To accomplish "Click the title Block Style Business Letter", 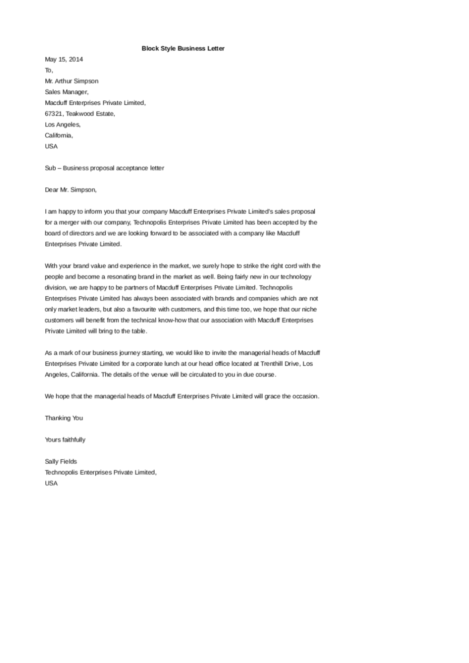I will click(183, 48).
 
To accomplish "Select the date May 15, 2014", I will click(64, 59).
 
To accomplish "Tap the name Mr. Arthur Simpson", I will click(72, 81).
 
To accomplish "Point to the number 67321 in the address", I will click(54, 114).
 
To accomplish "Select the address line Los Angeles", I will click(63, 125).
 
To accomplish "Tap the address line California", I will click(59, 136).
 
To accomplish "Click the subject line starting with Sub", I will click(104, 168).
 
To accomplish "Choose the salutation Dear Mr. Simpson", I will click(71, 190).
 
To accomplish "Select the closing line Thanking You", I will click(64, 418).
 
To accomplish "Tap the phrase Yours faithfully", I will click(65, 439).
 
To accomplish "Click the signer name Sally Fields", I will click(61, 461).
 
